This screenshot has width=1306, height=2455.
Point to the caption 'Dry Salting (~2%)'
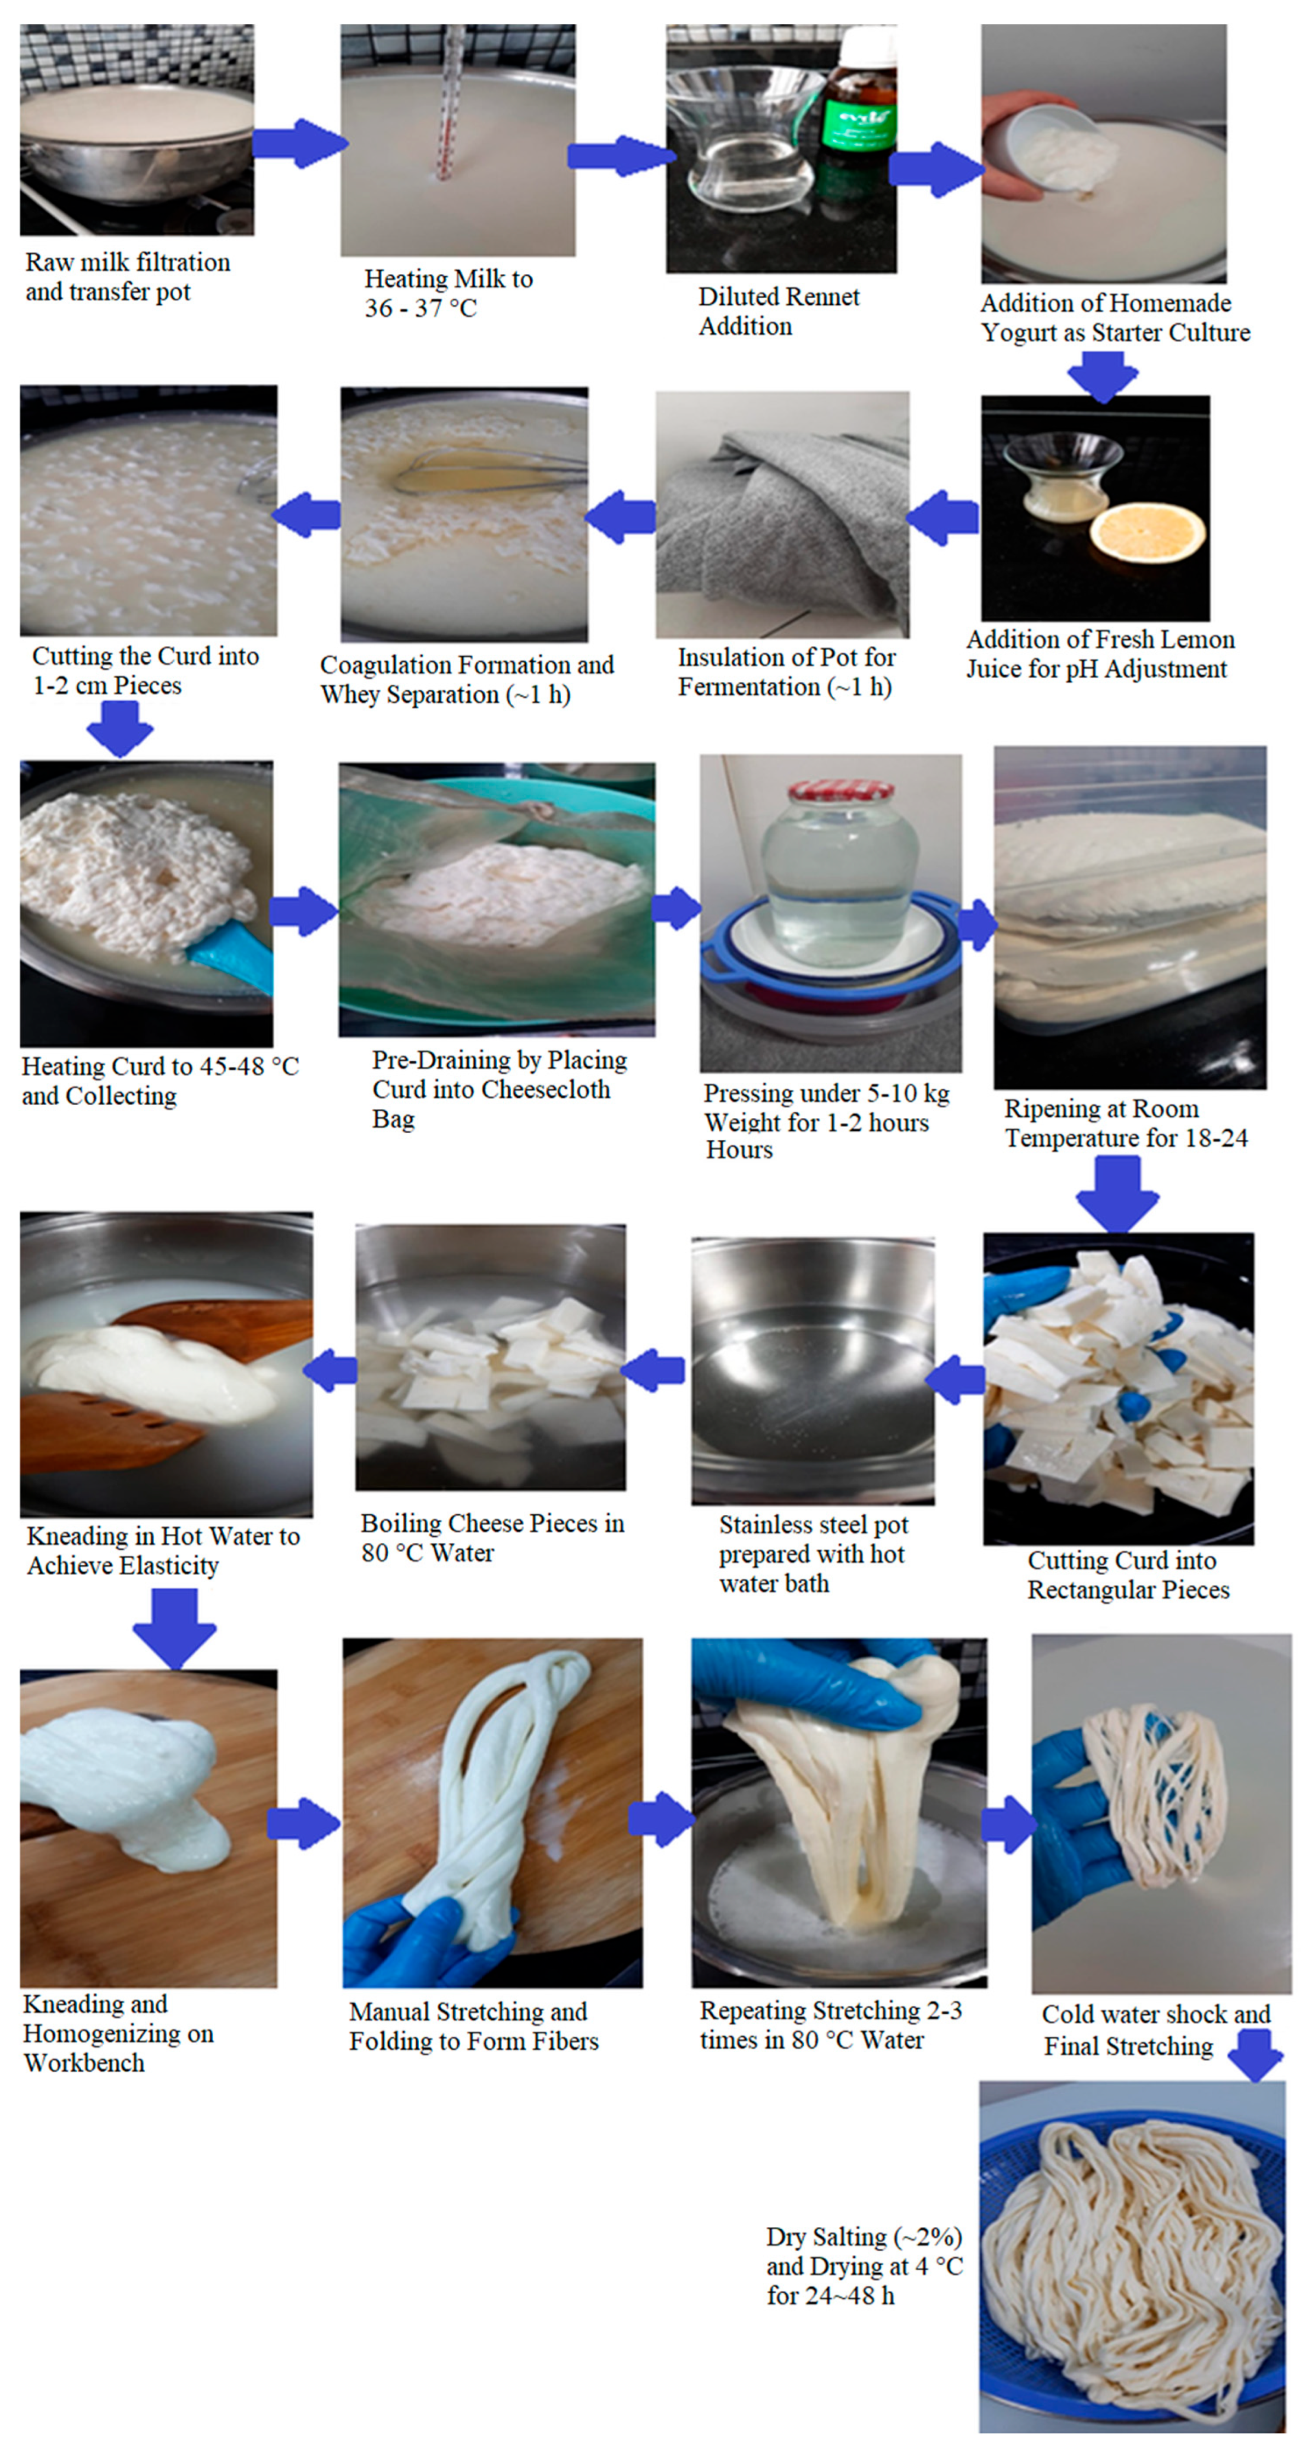click(x=864, y=2237)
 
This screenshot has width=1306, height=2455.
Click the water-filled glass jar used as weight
click(x=839, y=877)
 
